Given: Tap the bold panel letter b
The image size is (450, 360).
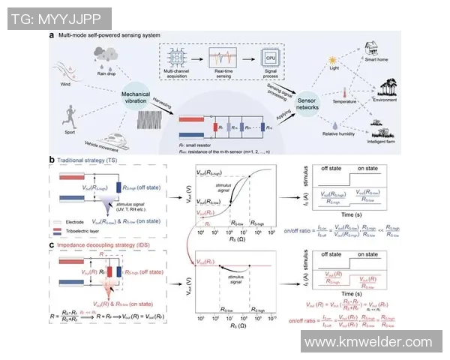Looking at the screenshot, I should (51, 159).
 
